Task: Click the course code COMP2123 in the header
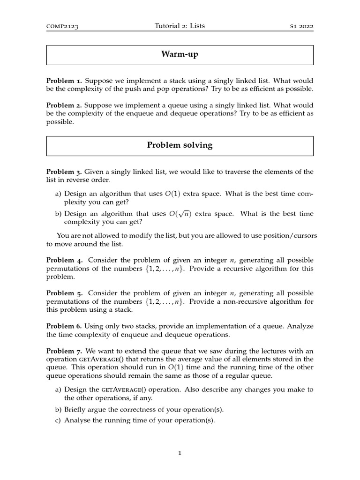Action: tap(62, 27)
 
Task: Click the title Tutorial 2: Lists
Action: tap(180, 26)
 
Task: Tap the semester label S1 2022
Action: tap(302, 27)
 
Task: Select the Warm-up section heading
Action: tap(180, 55)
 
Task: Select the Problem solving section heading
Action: tap(180, 145)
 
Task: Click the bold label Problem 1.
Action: tap(64, 81)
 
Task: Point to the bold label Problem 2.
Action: tap(64, 105)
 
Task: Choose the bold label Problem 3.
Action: tap(64, 172)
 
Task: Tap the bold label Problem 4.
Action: tap(65, 260)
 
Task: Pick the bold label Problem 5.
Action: tap(65, 293)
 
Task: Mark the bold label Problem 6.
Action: tap(64, 326)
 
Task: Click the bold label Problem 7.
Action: tap(65, 351)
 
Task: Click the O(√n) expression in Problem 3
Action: tap(180, 214)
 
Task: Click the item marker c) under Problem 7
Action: tap(59, 420)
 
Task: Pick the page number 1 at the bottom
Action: tap(180, 453)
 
